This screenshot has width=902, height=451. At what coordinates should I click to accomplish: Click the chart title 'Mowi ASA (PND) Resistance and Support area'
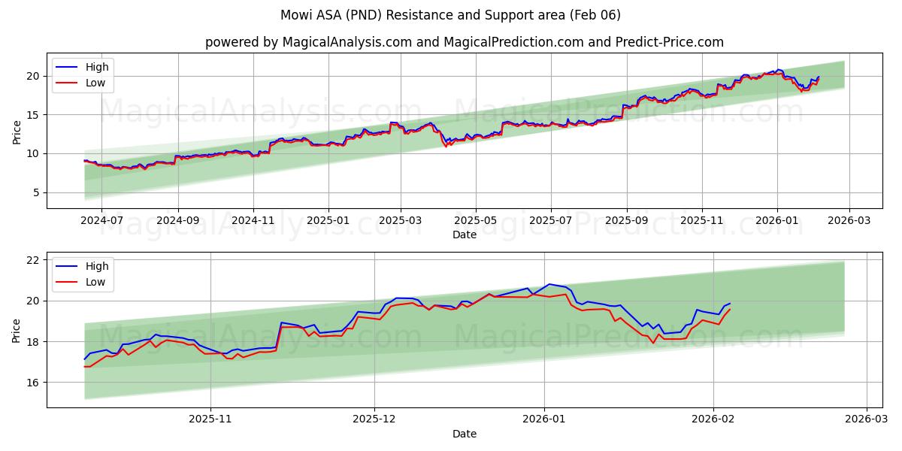450,15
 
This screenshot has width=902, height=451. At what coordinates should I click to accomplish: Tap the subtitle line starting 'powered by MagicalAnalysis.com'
465,42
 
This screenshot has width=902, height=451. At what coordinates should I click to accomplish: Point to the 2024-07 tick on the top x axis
101,222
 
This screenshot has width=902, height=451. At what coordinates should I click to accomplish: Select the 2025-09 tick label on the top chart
626,222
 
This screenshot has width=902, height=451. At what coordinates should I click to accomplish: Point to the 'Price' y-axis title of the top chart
17,132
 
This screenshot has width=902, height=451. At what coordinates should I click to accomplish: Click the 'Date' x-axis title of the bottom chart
465,434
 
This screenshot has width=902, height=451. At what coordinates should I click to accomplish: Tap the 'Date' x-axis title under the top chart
465,235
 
